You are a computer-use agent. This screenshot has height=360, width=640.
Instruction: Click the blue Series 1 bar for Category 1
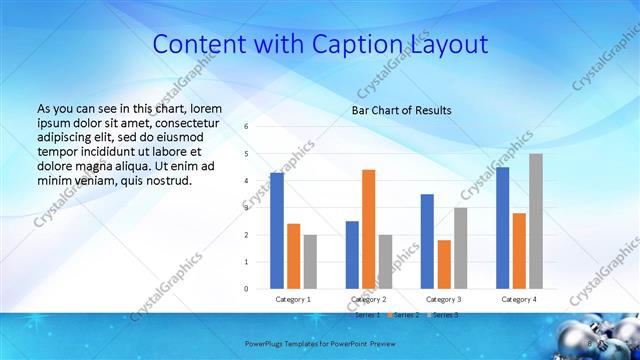pos(277,231)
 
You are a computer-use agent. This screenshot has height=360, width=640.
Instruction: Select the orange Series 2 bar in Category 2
pos(368,229)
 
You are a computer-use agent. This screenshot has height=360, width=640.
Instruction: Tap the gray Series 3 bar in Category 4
pos(536,221)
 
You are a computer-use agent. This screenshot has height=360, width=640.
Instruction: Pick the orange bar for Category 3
pos(444,264)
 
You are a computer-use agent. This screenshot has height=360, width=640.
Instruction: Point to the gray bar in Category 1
pos(310,262)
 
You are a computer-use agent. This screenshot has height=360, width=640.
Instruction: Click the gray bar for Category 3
pos(460,248)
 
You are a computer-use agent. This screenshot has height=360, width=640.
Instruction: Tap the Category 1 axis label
pos(294,299)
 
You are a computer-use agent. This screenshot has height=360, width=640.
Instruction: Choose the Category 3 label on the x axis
pos(444,299)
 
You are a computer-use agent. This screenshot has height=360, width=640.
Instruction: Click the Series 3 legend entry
pos(445,315)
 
